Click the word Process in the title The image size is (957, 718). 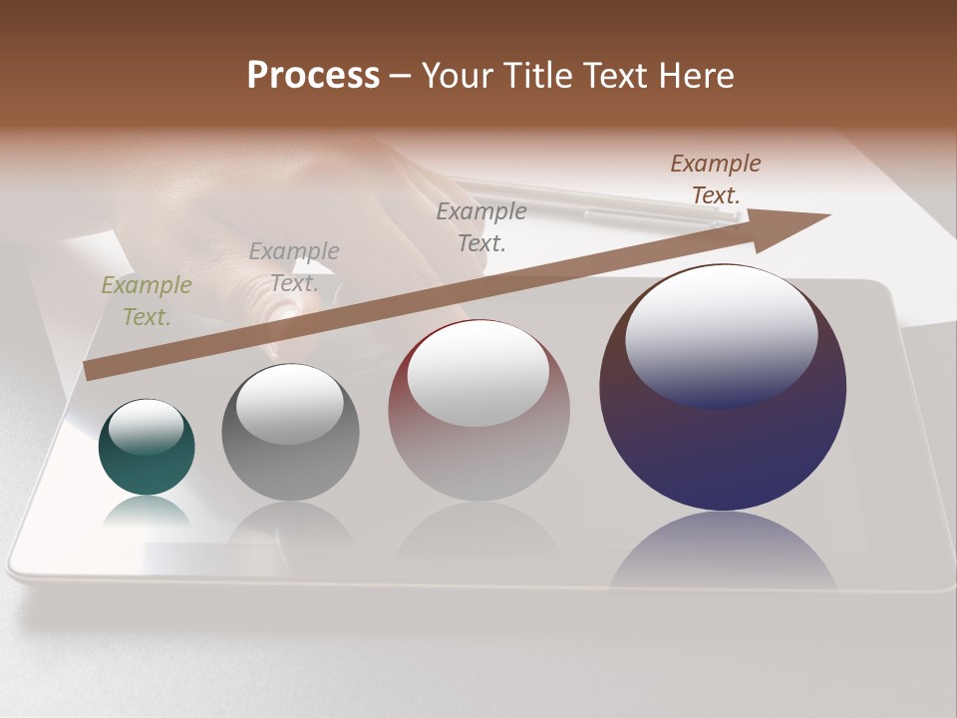[x=313, y=76]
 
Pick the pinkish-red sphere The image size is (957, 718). [x=478, y=459]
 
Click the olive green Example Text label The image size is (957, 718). [x=147, y=301]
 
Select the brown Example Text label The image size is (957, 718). [x=716, y=179]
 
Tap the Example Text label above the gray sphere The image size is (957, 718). [x=294, y=267]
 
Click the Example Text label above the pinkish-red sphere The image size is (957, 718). [x=481, y=226]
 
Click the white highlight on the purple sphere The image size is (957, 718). [x=721, y=334]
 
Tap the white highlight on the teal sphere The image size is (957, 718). [x=146, y=426]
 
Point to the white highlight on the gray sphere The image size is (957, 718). [x=289, y=403]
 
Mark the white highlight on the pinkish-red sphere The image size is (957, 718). [x=478, y=371]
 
